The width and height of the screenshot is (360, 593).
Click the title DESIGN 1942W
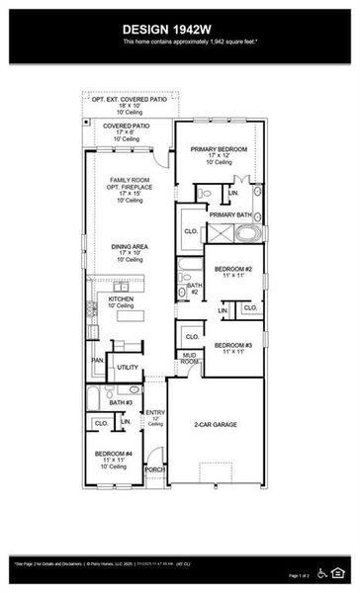click(179, 30)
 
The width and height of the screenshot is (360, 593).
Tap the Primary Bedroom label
click(218, 148)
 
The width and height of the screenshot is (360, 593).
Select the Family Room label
click(127, 180)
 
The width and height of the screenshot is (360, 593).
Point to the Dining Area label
click(127, 251)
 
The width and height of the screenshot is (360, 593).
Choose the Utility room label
click(128, 367)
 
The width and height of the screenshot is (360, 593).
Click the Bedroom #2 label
click(234, 269)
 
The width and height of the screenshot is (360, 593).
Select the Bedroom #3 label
click(234, 345)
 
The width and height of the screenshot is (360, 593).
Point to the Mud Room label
click(189, 358)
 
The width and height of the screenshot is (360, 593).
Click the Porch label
click(155, 470)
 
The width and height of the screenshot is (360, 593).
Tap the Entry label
click(155, 412)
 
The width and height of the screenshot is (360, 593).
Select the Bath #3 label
click(121, 402)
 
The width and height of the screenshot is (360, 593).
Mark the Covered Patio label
click(131, 127)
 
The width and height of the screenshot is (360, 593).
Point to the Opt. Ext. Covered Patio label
click(130, 100)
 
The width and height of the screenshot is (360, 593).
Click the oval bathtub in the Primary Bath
click(249, 234)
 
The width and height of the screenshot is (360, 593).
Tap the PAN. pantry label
click(97, 360)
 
